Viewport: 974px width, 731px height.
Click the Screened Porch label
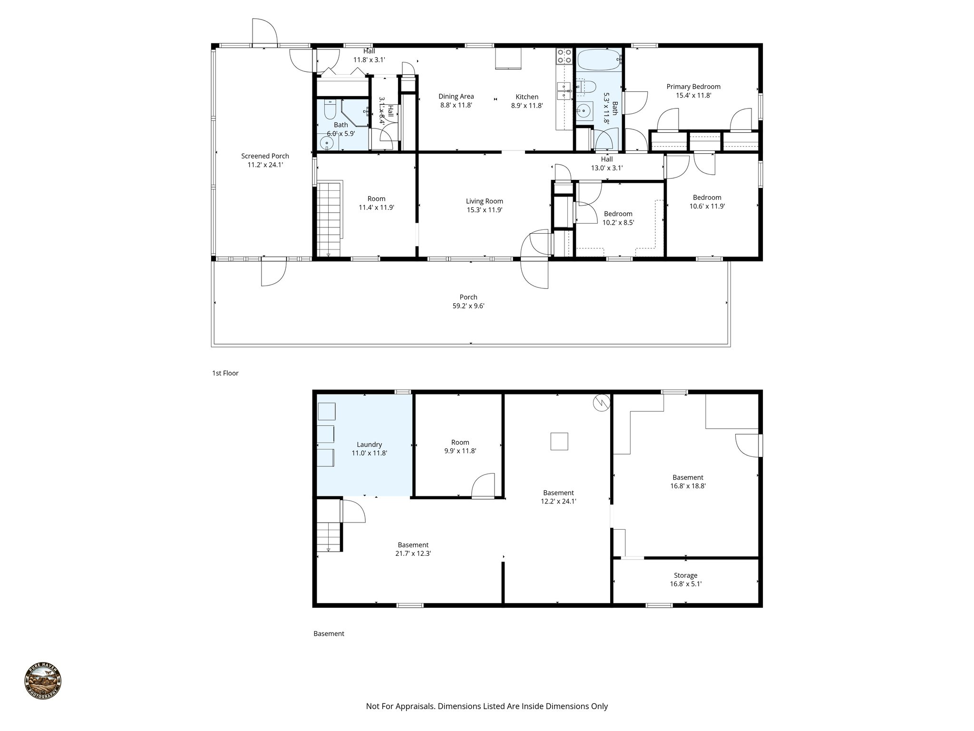(265, 156)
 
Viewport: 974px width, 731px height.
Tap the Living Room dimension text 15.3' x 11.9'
(484, 210)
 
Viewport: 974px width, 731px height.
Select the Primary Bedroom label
(693, 87)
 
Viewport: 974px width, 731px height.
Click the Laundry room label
(369, 445)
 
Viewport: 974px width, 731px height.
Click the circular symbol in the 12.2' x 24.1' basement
(601, 403)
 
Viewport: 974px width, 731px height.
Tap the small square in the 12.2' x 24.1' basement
(559, 441)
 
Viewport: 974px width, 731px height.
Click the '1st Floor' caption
(225, 373)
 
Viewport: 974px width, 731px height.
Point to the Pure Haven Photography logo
(43, 682)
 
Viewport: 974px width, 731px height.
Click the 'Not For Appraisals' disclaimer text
(487, 706)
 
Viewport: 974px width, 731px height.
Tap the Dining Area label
(456, 97)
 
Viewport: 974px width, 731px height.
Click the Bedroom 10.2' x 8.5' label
(618, 214)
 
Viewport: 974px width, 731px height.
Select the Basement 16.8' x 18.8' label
(687, 477)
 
